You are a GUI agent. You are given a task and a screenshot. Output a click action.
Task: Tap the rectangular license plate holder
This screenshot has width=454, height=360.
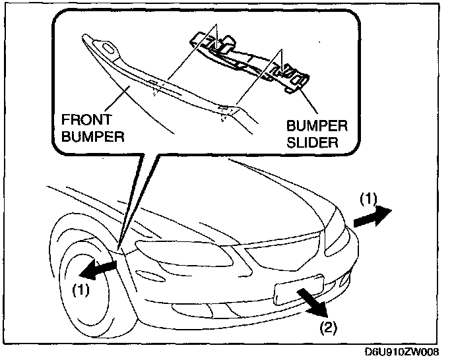[297, 289]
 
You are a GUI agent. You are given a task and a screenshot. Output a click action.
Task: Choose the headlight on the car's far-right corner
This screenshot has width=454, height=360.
[337, 228]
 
